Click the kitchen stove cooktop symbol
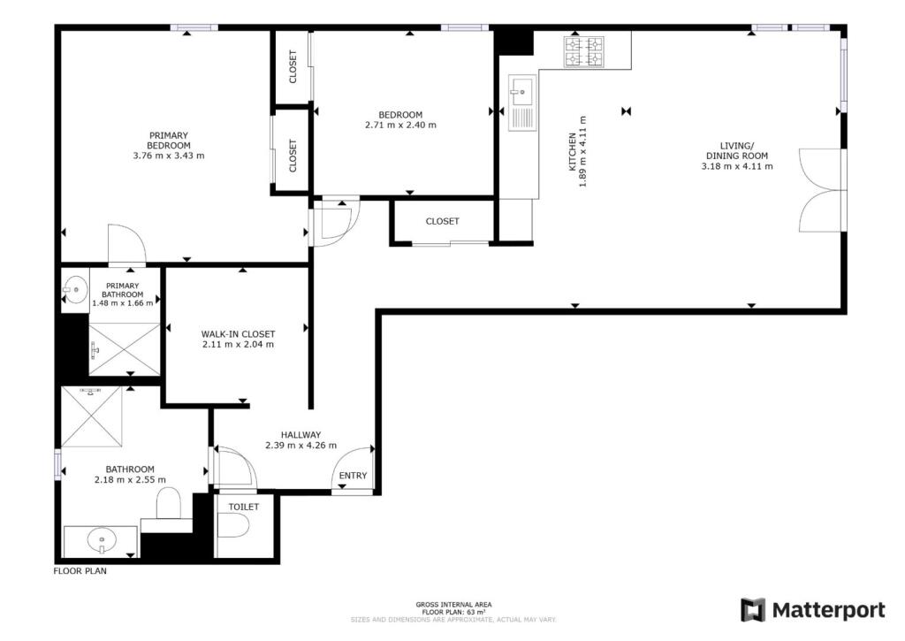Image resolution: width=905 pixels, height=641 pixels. [x=584, y=51]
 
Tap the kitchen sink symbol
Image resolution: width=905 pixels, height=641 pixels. [x=521, y=103]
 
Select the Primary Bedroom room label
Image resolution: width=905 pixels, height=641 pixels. [x=169, y=141]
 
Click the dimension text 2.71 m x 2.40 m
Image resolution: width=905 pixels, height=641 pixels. [x=400, y=125]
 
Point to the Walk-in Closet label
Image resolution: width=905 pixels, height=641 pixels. [x=238, y=334]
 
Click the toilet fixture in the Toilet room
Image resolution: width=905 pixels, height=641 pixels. [x=232, y=525]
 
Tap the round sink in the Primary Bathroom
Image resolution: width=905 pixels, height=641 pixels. [x=74, y=289]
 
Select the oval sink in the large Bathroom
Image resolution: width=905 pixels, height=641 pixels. [x=102, y=541]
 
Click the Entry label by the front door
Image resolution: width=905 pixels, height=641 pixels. [x=353, y=476]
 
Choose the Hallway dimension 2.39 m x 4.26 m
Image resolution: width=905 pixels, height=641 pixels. [x=300, y=446]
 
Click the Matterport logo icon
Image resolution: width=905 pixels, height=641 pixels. [x=753, y=610]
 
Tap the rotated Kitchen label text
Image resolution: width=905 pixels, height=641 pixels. [x=573, y=152]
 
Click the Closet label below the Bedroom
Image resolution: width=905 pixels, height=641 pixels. [x=442, y=221]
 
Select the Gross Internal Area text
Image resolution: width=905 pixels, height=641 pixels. [x=453, y=605]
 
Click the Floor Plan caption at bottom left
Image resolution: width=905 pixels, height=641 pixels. [x=80, y=571]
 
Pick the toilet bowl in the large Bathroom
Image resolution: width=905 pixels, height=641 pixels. [x=169, y=503]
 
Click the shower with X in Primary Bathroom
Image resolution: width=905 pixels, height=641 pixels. [x=124, y=349]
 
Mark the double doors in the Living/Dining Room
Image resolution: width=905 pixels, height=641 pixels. [x=821, y=191]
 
